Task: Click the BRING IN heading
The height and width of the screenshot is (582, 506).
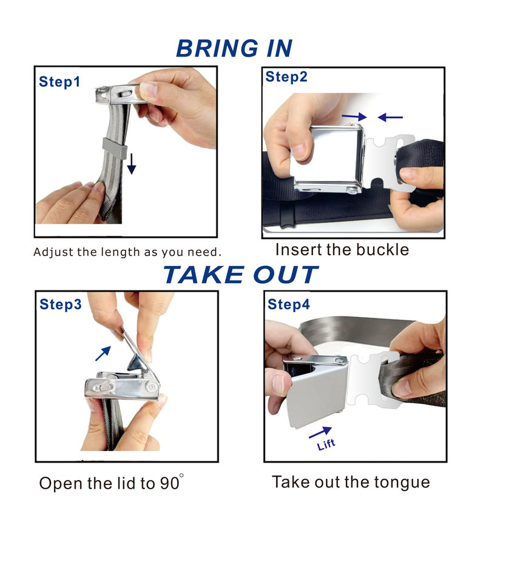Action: click(x=234, y=48)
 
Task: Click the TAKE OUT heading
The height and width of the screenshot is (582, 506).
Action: click(x=240, y=275)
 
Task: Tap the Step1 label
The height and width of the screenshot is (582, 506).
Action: click(x=59, y=82)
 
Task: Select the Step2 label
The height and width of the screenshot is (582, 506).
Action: click(x=286, y=76)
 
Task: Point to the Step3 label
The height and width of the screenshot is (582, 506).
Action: click(x=61, y=304)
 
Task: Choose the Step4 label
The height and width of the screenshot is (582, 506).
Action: click(x=289, y=304)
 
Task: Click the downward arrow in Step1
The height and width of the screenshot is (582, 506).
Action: click(x=131, y=164)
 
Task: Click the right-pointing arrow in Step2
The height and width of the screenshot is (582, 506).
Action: click(x=354, y=117)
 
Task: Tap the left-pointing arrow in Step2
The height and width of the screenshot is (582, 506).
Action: click(x=390, y=117)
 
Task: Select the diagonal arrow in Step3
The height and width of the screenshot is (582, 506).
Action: click(x=103, y=353)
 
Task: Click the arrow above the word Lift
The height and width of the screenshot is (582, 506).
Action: click(x=320, y=432)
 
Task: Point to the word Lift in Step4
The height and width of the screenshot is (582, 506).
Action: click(x=326, y=444)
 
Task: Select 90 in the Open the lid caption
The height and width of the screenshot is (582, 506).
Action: click(x=170, y=483)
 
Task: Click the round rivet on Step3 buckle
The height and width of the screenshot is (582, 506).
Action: click(x=151, y=387)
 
